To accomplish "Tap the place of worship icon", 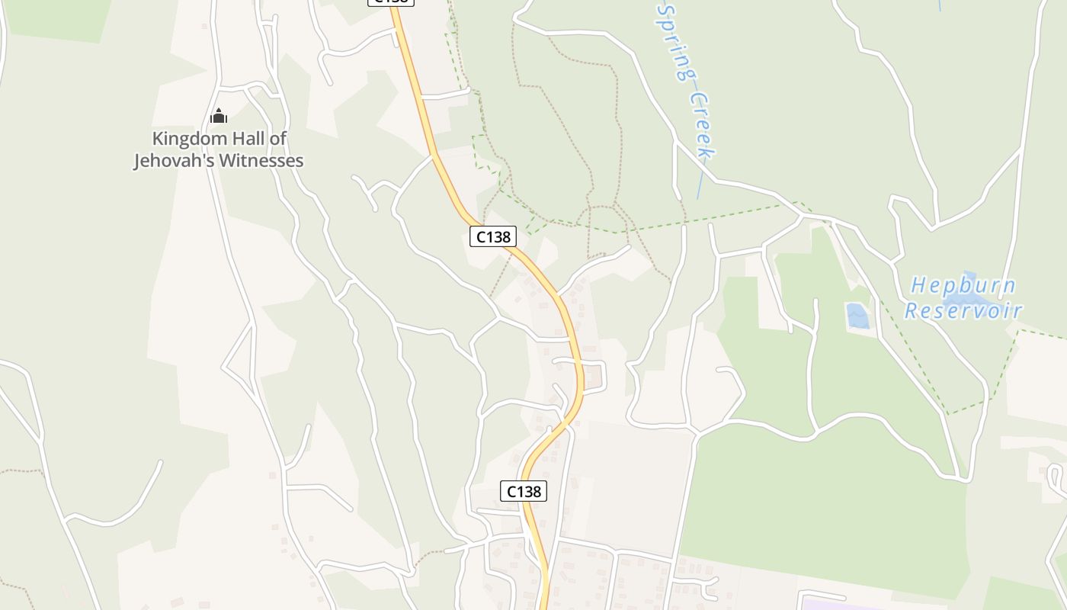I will (x=219, y=117).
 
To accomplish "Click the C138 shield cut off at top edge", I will (x=391, y=2).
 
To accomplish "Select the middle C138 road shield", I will (x=493, y=236).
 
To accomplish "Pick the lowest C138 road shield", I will (x=524, y=492).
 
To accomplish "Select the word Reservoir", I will (x=963, y=311).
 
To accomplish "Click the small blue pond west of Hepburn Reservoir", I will (x=857, y=316).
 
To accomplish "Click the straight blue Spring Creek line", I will (x=700, y=183).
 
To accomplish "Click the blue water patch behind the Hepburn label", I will (x=969, y=278).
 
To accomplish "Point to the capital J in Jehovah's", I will (x=139, y=161).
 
